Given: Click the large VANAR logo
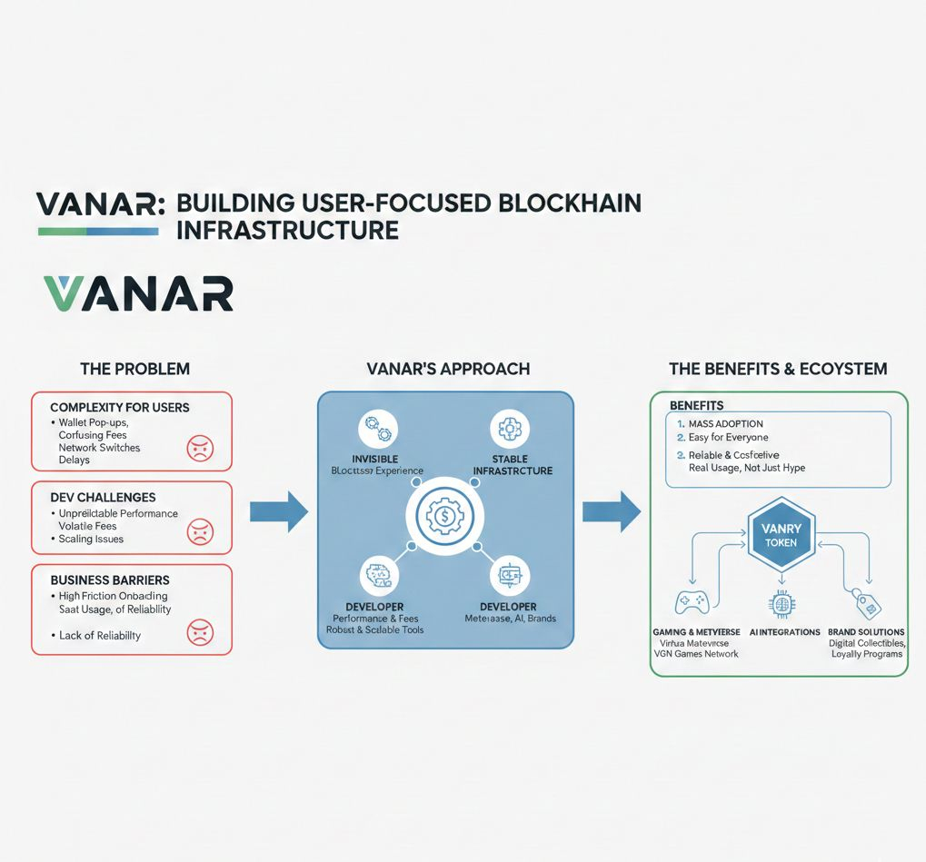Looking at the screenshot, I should coord(138,293).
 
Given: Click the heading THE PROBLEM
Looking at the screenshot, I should coord(134,369).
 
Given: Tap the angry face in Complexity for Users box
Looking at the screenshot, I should coord(199,447).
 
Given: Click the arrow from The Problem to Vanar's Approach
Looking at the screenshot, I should coord(279,512).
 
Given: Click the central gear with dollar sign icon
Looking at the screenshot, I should coord(445,515).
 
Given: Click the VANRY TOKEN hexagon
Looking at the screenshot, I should coord(781,534).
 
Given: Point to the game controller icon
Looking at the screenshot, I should coord(692,602).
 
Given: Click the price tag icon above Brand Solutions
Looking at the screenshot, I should coord(864,602).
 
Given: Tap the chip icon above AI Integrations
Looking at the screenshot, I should coord(781,603).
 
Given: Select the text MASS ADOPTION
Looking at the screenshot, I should coord(727,423).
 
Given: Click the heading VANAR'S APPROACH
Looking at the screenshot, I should coord(447,369).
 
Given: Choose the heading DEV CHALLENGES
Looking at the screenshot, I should coord(103,497).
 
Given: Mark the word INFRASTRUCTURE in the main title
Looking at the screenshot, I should coord(287,229).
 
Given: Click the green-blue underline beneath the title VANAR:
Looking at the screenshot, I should coord(98,232).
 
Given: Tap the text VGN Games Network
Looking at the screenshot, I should coord(697,654).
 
